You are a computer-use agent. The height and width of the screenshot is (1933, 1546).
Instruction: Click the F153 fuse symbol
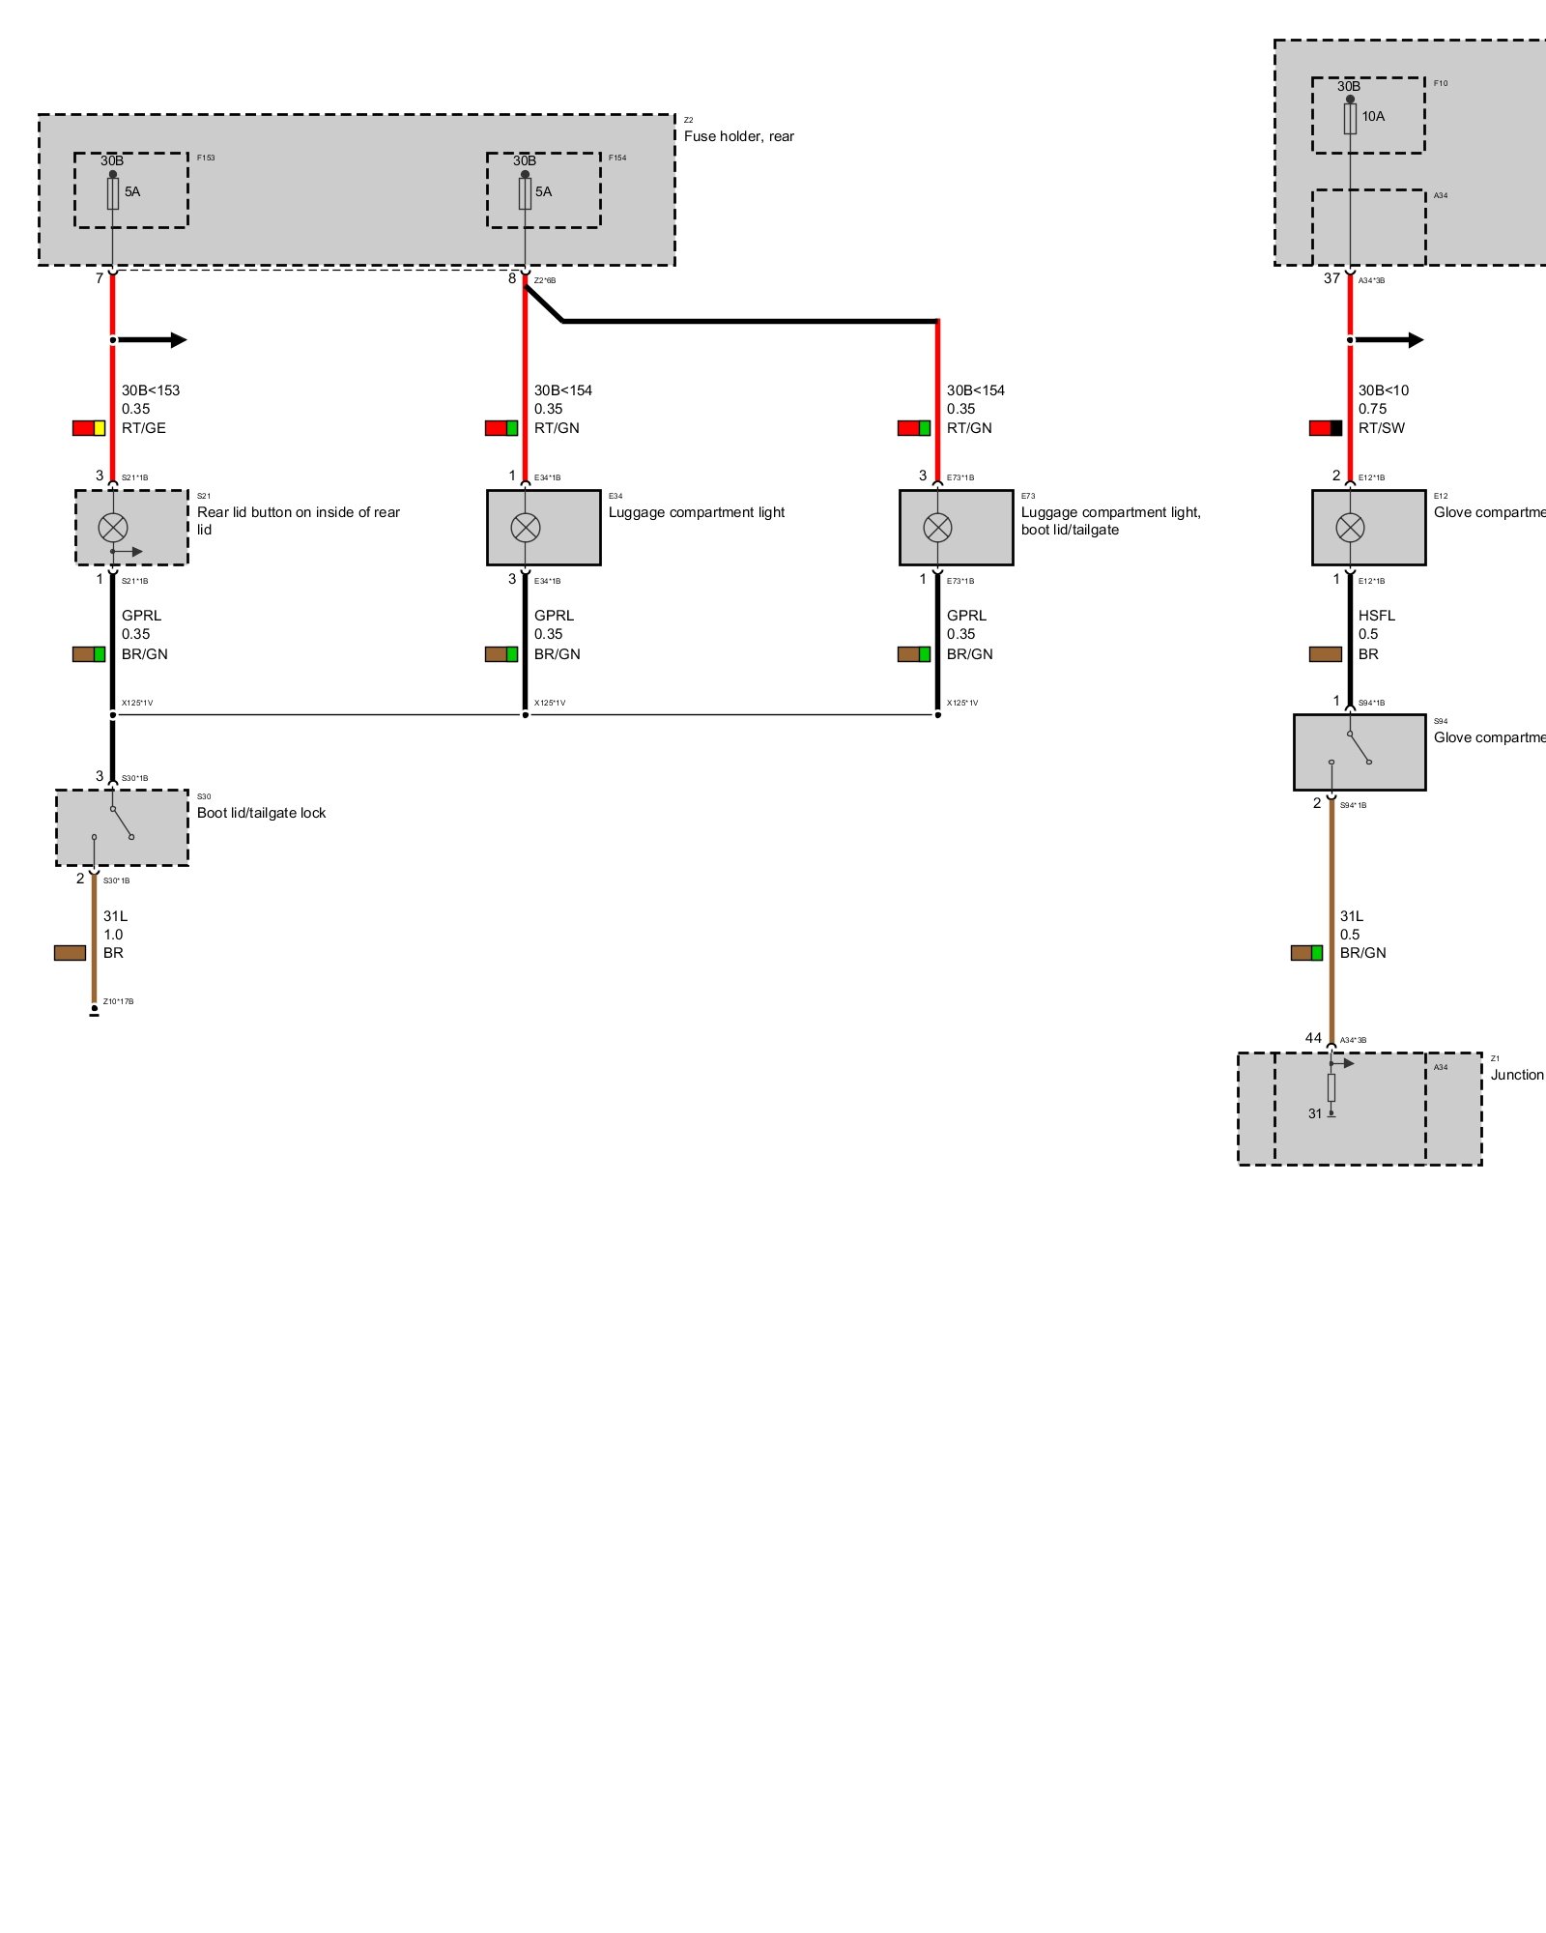coord(113,193)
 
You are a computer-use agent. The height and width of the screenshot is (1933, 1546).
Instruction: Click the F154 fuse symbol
coord(525,193)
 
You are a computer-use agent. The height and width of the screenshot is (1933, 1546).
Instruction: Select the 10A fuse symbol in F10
coord(1350,119)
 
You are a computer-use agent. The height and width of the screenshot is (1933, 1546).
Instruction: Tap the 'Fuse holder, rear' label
coord(738,136)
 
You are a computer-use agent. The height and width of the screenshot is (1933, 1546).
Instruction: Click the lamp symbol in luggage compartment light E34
coord(525,528)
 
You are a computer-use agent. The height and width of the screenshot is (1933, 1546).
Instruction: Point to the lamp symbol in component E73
coord(937,528)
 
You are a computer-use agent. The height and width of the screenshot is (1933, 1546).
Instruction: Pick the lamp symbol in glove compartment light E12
coord(1350,528)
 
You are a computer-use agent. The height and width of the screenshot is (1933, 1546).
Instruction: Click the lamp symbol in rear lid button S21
coord(113,528)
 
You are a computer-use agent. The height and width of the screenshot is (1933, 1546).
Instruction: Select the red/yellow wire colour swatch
coord(89,428)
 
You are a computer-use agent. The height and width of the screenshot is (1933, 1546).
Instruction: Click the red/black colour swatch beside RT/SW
coord(1326,428)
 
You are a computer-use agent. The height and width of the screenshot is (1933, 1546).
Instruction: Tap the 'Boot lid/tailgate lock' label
coord(261,813)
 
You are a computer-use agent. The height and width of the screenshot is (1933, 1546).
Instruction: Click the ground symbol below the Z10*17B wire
coord(94,1013)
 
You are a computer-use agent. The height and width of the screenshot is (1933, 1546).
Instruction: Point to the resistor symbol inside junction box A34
coord(1331,1087)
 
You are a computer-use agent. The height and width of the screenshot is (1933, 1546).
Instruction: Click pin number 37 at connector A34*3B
coord(1331,278)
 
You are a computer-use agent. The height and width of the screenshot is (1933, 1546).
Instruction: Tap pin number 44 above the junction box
coord(1313,1038)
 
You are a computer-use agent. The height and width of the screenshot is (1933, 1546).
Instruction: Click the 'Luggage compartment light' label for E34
coord(696,512)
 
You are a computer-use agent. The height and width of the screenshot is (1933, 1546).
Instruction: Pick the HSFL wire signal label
coord(1376,616)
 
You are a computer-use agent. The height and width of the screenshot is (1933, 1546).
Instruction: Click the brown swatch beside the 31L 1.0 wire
coord(70,953)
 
